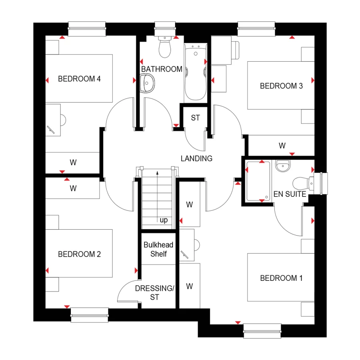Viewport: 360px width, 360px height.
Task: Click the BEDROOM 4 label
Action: point(79,79)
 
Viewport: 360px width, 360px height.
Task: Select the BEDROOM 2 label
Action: point(79,254)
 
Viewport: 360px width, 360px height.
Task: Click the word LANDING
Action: point(196,158)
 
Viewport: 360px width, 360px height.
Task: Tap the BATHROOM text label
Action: point(162,69)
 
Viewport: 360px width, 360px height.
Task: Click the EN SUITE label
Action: point(290,195)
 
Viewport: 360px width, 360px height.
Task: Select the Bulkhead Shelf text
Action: point(159,250)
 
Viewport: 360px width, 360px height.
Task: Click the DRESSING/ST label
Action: point(154,292)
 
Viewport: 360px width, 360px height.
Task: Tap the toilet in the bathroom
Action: point(165,48)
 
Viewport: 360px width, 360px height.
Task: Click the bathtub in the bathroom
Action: point(195,72)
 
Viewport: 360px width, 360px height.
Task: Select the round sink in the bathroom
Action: point(148,85)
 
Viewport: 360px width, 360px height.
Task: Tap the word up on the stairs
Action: point(164,220)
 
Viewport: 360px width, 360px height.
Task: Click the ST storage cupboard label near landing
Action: point(195,118)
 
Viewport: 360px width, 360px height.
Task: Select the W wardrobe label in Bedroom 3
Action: point(282,146)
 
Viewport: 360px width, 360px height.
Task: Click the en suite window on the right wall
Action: point(321,184)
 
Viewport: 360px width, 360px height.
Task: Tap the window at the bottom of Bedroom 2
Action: point(90,314)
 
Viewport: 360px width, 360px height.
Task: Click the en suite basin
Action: point(283,165)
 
